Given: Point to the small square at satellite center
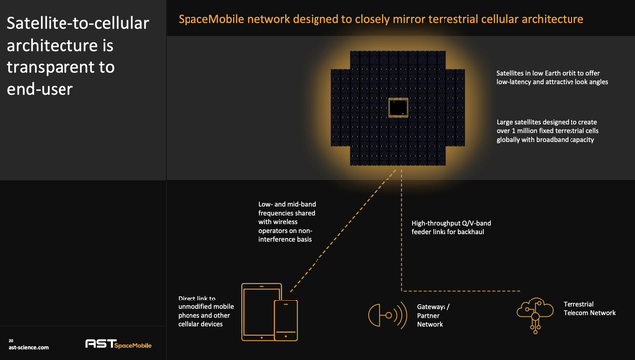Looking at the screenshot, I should pos(399,108).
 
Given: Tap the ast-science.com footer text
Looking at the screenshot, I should pos(28,349).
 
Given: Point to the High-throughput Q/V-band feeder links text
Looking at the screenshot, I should pos(451,228).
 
